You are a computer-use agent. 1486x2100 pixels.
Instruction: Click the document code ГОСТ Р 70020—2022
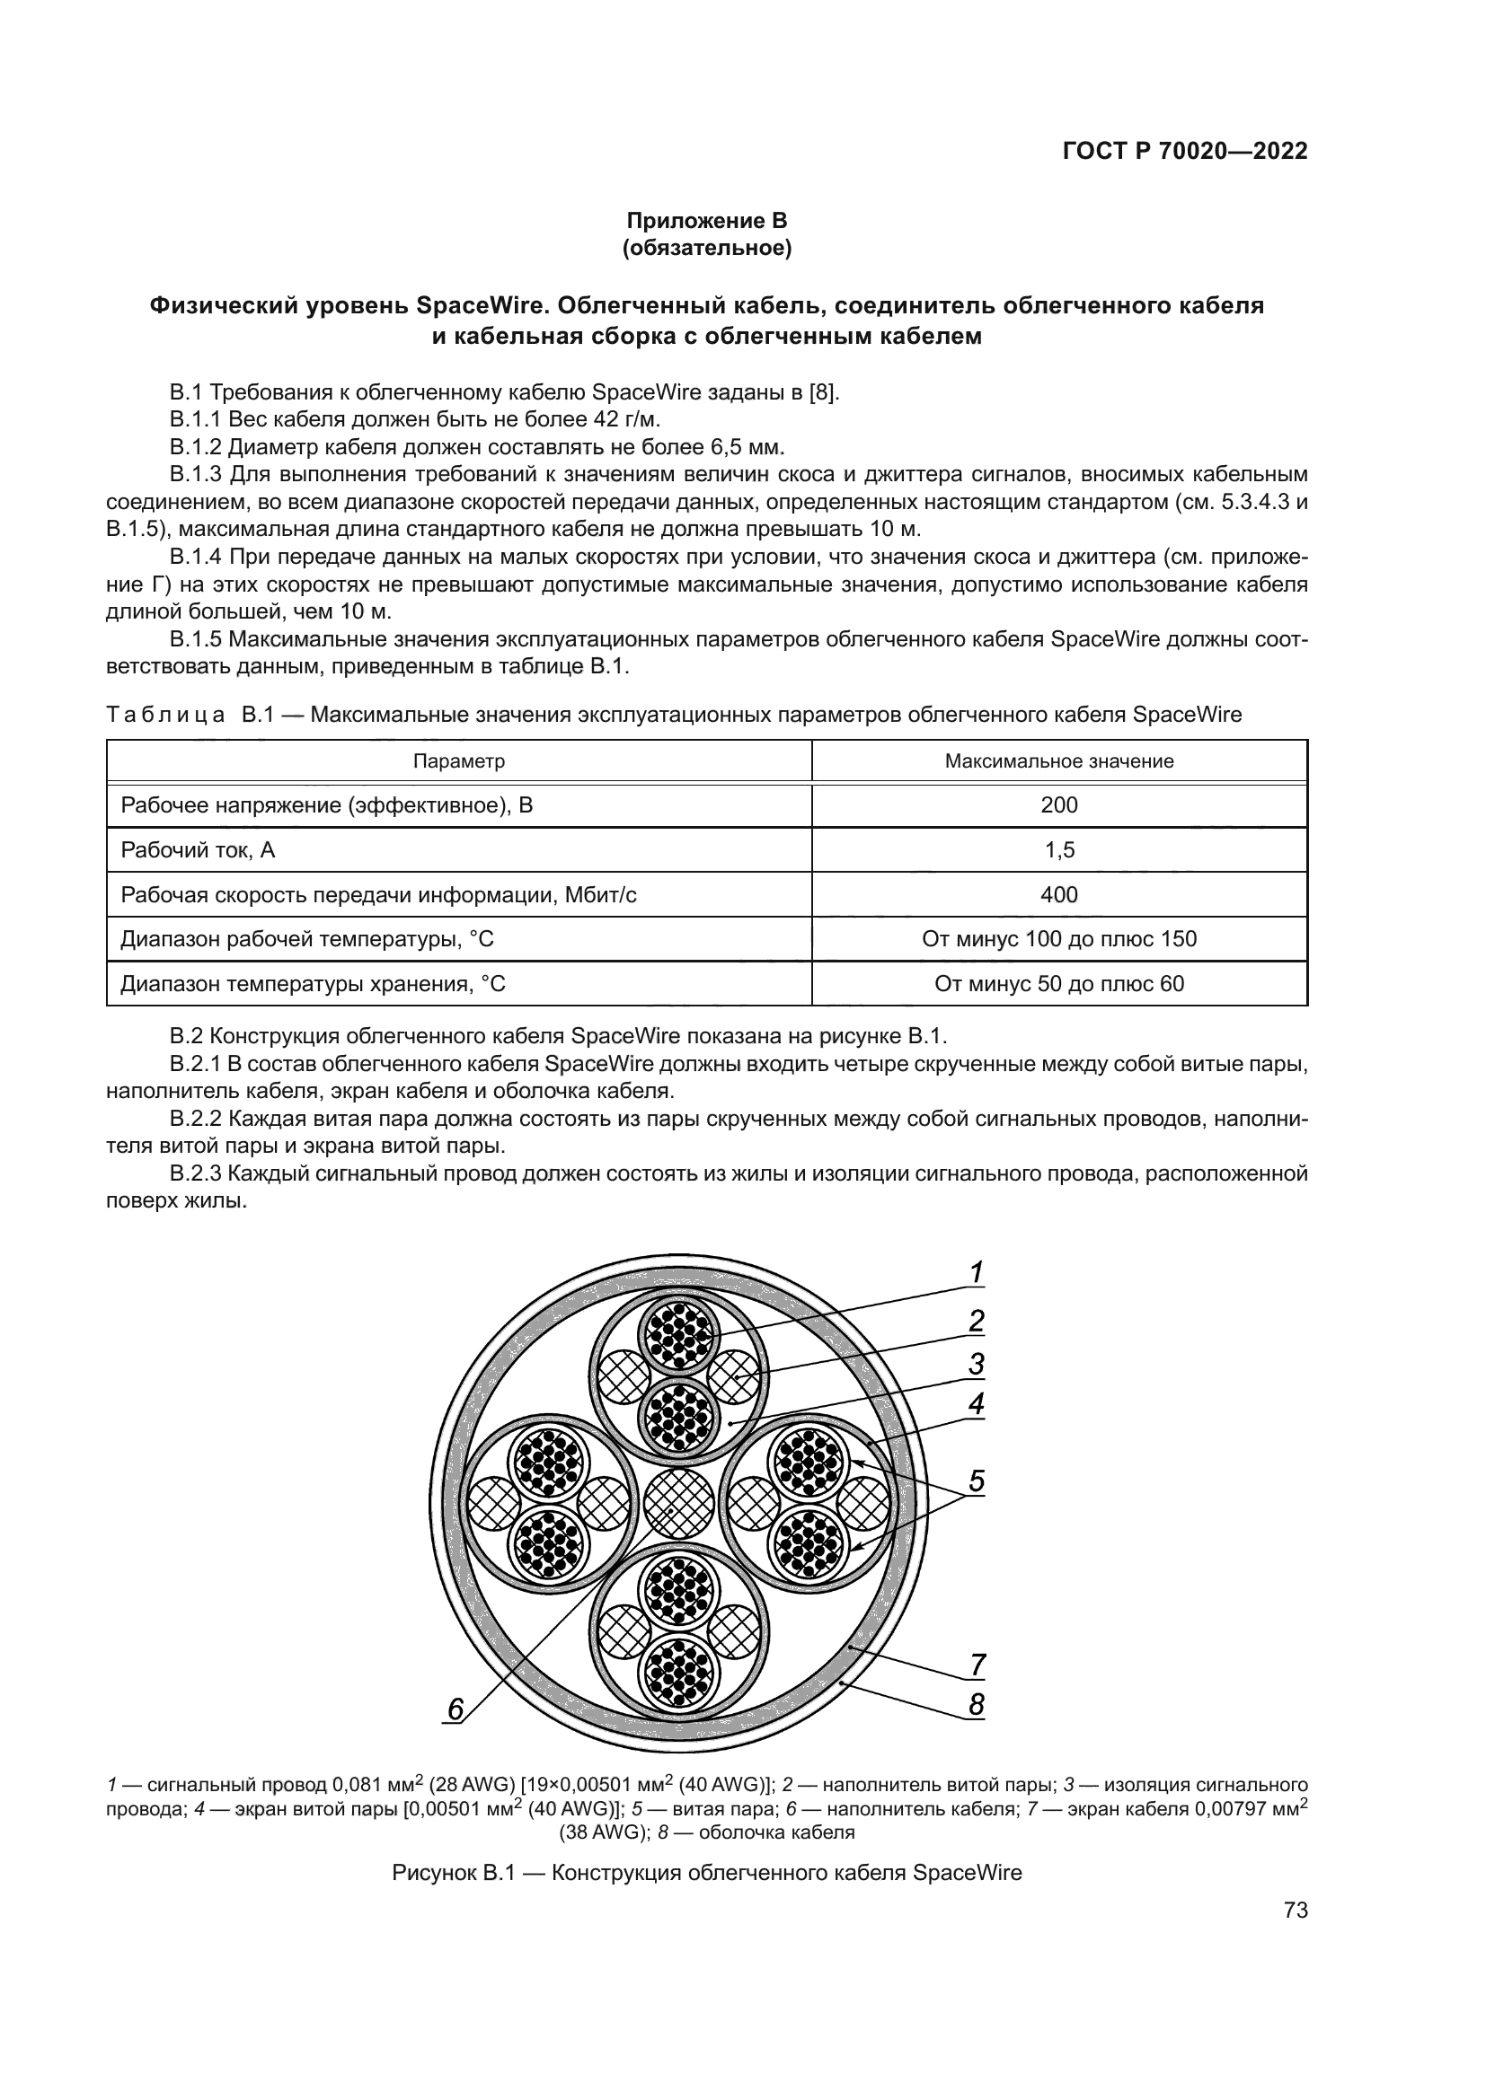tap(1184, 151)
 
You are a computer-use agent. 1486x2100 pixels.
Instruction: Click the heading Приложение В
tap(706, 221)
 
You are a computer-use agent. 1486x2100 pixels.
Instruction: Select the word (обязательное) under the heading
tap(706, 248)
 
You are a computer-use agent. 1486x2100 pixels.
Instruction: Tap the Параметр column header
tap(458, 761)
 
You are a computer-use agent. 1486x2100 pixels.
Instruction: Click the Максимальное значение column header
tap(1058, 761)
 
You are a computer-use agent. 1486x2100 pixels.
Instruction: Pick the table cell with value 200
tap(1058, 804)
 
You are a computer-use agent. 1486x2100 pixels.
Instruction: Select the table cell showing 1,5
tap(1058, 849)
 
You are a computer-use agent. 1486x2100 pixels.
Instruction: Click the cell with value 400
tap(1058, 894)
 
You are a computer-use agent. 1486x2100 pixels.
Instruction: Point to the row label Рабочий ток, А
tap(198, 849)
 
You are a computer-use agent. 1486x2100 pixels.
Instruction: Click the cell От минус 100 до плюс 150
tap(1058, 938)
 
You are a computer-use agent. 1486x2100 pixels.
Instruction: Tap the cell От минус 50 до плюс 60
tap(1058, 983)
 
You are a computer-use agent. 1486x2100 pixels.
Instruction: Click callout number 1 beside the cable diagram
tap(977, 1272)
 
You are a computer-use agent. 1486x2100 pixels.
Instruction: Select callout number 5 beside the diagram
tap(977, 1481)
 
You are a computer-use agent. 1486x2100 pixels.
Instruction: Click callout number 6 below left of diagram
tap(455, 1708)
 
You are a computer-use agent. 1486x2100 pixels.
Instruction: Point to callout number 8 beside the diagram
tap(977, 1704)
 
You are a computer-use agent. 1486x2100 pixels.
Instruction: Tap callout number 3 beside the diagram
tap(977, 1364)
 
